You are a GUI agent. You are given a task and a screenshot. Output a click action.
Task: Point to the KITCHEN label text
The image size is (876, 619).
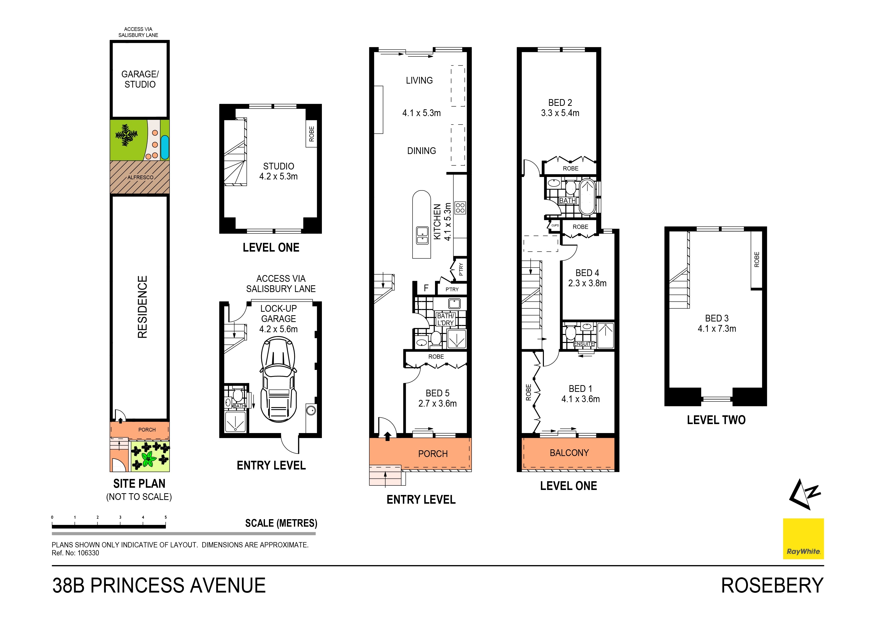pyautogui.click(x=437, y=222)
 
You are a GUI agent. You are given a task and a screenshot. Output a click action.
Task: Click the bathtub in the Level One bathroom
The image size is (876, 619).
pyautogui.click(x=588, y=197)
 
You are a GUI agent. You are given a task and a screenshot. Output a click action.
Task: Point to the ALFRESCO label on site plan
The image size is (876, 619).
pyautogui.click(x=140, y=177)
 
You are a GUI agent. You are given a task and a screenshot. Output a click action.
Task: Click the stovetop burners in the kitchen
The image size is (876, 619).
pyautogui.click(x=460, y=207)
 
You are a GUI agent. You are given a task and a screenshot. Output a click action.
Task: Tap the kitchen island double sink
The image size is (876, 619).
pyautogui.click(x=422, y=235)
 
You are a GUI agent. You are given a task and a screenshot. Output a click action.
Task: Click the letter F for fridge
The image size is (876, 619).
pyautogui.click(x=426, y=288)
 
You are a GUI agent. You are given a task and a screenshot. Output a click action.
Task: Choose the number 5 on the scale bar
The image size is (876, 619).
pyautogui.click(x=166, y=518)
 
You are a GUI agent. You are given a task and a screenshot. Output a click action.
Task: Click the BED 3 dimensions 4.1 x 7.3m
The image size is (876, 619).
pyautogui.click(x=716, y=328)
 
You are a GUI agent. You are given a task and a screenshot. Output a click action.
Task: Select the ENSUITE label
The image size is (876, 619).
pyautogui.click(x=584, y=344)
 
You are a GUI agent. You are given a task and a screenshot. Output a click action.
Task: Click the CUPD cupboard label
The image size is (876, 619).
pyautogui.click(x=555, y=225)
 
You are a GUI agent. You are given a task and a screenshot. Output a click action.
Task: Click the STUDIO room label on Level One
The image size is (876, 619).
pyautogui.click(x=278, y=166)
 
